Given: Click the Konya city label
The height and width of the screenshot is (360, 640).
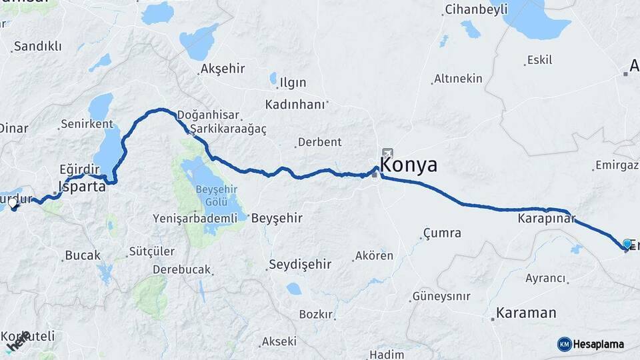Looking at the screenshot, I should tap(409, 165).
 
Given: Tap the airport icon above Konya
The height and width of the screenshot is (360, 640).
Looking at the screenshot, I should tap(388, 153).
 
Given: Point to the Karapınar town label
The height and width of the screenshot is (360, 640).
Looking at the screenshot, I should tap(545, 217).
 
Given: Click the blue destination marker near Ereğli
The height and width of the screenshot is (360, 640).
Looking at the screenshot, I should tap(627, 244).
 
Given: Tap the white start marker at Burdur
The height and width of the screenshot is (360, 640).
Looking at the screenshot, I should tap(14, 204).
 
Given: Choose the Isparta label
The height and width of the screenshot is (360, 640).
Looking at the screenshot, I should tap(82, 187).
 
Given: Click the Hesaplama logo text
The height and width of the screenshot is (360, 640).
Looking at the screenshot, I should tap(598, 344).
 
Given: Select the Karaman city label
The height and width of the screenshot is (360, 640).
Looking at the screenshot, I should tap(526, 313).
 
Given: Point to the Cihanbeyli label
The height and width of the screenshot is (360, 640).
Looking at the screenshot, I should tap(476, 9).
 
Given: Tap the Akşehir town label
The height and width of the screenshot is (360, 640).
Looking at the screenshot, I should tap(223, 68).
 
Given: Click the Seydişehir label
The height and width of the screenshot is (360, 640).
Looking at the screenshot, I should tap(300, 265).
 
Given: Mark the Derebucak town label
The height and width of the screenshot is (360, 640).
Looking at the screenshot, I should tap(181, 270).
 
